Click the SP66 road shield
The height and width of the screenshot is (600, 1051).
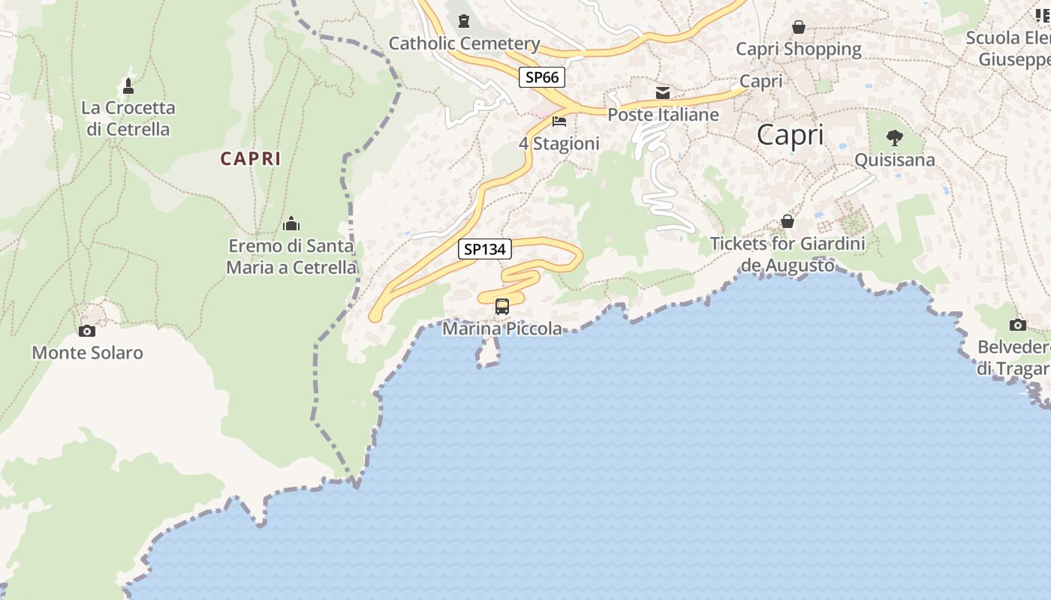click(x=541, y=76)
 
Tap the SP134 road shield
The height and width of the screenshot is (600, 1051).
click(x=485, y=249)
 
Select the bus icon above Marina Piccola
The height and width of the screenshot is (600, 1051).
click(x=502, y=307)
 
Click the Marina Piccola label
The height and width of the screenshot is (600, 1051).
click(x=502, y=328)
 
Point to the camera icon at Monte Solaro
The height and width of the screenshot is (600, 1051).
click(x=87, y=331)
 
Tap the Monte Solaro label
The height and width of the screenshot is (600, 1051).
click(x=87, y=352)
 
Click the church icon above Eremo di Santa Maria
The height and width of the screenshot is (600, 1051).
click(x=291, y=223)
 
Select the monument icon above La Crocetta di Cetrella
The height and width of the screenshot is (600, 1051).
click(x=128, y=86)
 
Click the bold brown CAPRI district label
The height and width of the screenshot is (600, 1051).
click(x=251, y=159)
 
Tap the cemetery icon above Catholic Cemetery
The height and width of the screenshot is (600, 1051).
click(x=463, y=22)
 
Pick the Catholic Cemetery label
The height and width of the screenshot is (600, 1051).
click(x=464, y=43)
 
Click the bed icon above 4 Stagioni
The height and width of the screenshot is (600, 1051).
click(x=559, y=121)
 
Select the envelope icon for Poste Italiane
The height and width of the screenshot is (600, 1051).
click(x=663, y=93)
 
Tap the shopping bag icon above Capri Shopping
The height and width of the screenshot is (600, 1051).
click(x=799, y=27)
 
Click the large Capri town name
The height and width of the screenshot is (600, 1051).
click(x=790, y=135)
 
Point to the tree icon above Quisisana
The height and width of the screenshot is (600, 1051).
click(x=894, y=138)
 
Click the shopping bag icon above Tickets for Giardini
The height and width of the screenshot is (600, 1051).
click(x=787, y=221)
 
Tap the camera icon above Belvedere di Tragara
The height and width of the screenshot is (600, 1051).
click(x=1018, y=325)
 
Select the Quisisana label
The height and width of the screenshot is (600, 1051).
click(x=895, y=160)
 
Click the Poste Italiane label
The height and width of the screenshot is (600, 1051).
click(x=663, y=115)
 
